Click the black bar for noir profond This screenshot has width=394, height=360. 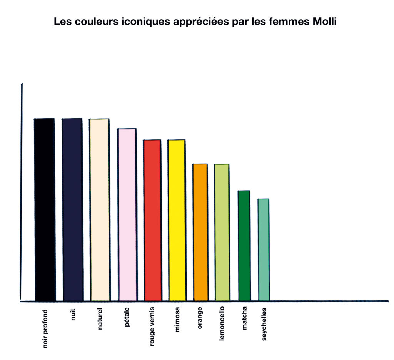point(45,209)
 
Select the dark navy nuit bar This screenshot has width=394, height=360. point(72,209)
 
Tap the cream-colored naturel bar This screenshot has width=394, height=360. point(100,210)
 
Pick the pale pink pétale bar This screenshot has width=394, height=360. point(127,214)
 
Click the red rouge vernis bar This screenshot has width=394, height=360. point(152,220)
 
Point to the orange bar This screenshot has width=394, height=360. point(200,232)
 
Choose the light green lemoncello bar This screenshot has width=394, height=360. point(222,232)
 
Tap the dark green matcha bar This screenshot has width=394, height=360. point(244,245)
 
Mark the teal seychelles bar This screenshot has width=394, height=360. point(264,249)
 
